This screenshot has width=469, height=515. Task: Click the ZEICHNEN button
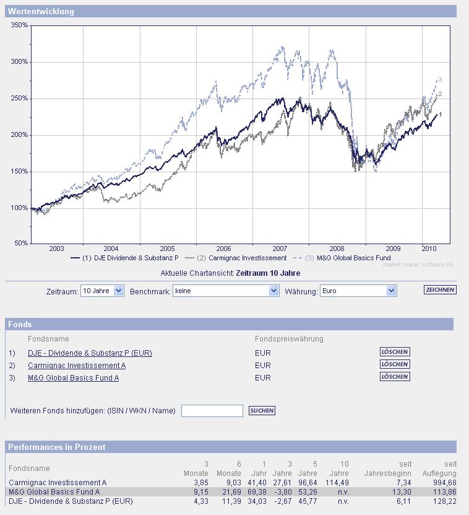point(440,290)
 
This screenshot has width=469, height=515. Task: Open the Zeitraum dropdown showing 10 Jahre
point(102,291)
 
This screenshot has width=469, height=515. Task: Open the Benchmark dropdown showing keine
point(226,291)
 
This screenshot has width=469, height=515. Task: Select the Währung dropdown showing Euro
point(358,291)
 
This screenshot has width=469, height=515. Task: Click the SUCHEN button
point(262,411)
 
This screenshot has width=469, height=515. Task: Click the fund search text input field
point(212,411)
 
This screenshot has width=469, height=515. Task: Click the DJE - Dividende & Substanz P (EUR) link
point(90,353)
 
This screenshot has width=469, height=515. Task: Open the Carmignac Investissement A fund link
point(77,366)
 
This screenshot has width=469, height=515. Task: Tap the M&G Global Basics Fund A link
point(73,378)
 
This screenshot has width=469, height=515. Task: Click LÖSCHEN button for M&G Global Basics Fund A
point(395,377)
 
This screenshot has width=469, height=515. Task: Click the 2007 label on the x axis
point(280,249)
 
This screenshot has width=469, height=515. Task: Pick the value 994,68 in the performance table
point(445,483)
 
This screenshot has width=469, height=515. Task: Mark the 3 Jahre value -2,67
point(282,501)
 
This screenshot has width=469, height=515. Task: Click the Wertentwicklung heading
point(41,12)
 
